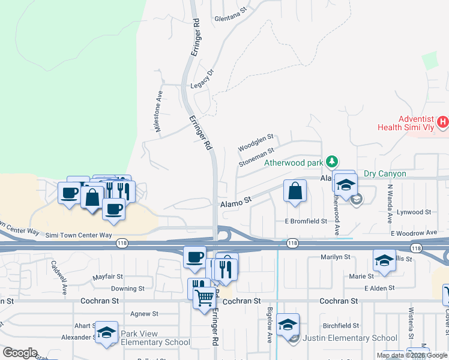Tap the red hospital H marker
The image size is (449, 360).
443,123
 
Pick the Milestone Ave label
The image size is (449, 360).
158,112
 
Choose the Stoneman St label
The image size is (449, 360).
256,157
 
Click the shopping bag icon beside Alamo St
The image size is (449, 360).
295,192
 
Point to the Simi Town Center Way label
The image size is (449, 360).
79,236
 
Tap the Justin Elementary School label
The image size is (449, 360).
351,338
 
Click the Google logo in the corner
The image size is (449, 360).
20,352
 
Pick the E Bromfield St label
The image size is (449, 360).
306,221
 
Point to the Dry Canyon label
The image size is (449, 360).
384,174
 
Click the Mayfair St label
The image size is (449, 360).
108,277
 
